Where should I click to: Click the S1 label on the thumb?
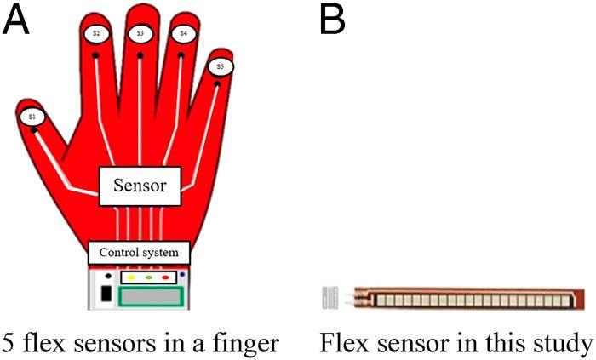32,116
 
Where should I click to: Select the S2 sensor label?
96,33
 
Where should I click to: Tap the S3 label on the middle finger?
140,32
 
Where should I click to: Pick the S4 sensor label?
181,34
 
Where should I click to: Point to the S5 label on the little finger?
220,66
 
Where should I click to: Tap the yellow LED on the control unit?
132,278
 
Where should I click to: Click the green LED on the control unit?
150,278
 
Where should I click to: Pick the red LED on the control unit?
167,278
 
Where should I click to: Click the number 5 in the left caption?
9,343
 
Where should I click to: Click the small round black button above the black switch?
106,277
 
